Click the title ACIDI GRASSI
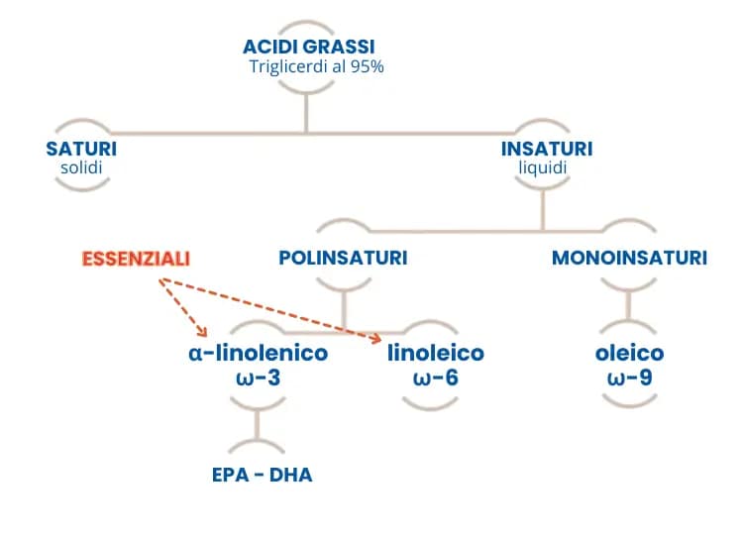point(308,47)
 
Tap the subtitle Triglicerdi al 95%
point(317,66)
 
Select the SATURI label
point(81,149)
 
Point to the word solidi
point(81,167)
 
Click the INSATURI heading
point(547,149)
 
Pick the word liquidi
point(543,168)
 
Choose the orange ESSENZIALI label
point(136,259)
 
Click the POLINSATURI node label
point(343,258)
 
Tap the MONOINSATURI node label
point(629,258)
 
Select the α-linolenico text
point(259,353)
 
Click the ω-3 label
point(259,378)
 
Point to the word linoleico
point(436,353)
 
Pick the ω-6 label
point(436,378)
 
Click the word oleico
point(629,353)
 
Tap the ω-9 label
point(629,378)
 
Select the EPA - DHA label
point(263,475)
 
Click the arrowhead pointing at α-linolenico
point(203,332)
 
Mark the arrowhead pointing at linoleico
point(376,338)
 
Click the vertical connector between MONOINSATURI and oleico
point(628,305)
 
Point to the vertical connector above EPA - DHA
point(257,425)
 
